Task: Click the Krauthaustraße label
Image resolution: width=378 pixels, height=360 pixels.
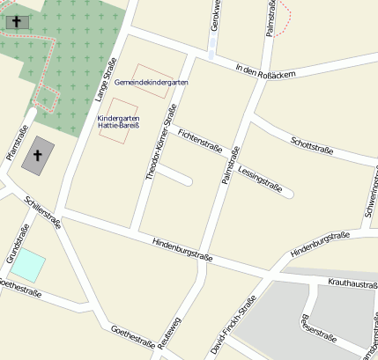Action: point(352,284)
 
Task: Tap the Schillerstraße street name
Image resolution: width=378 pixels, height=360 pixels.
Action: point(43,212)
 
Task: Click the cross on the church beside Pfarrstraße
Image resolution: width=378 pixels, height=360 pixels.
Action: point(38,155)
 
